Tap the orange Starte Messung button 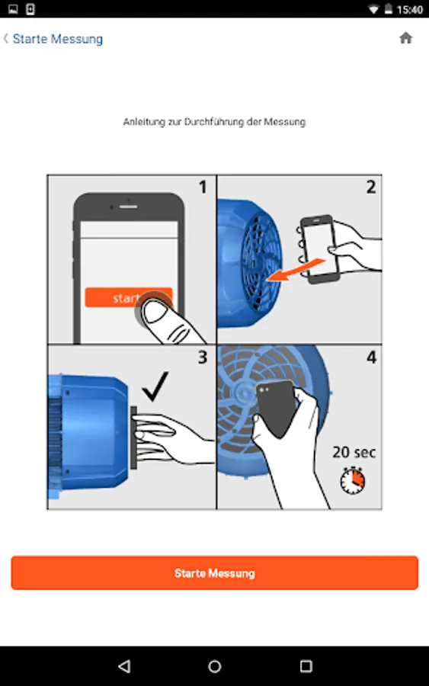click(x=214, y=572)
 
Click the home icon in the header click(x=406, y=38)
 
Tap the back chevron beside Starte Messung click(x=5, y=39)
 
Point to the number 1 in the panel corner click(x=203, y=188)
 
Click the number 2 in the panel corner click(x=371, y=188)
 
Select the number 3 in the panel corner click(x=202, y=357)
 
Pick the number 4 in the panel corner click(x=371, y=357)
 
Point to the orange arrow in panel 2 click(x=296, y=270)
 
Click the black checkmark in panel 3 click(x=155, y=386)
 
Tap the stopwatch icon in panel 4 click(x=353, y=480)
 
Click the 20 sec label click(x=354, y=452)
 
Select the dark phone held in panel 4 click(x=276, y=408)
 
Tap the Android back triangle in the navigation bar click(x=124, y=666)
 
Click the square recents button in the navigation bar click(x=306, y=666)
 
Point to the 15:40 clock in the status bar click(x=409, y=9)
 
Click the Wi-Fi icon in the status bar click(x=373, y=9)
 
